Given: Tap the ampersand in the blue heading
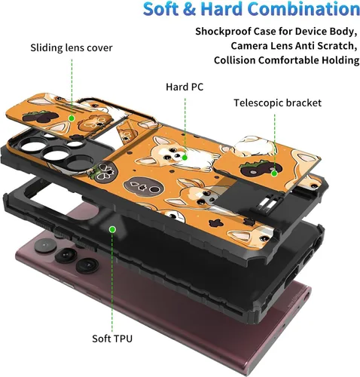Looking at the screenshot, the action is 188,9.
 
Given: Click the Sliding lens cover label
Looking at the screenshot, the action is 72,48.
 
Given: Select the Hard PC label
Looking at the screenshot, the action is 185,87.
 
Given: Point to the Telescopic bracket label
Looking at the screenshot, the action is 277,103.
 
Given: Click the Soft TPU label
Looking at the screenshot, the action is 112,339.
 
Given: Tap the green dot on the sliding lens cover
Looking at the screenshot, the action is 72,118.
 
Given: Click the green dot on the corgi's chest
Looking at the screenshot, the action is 185,158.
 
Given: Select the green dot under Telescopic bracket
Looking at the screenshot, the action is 274,173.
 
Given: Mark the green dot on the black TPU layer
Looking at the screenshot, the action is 113,229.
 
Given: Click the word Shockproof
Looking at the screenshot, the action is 223,32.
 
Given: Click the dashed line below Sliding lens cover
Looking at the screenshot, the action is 72,87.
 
